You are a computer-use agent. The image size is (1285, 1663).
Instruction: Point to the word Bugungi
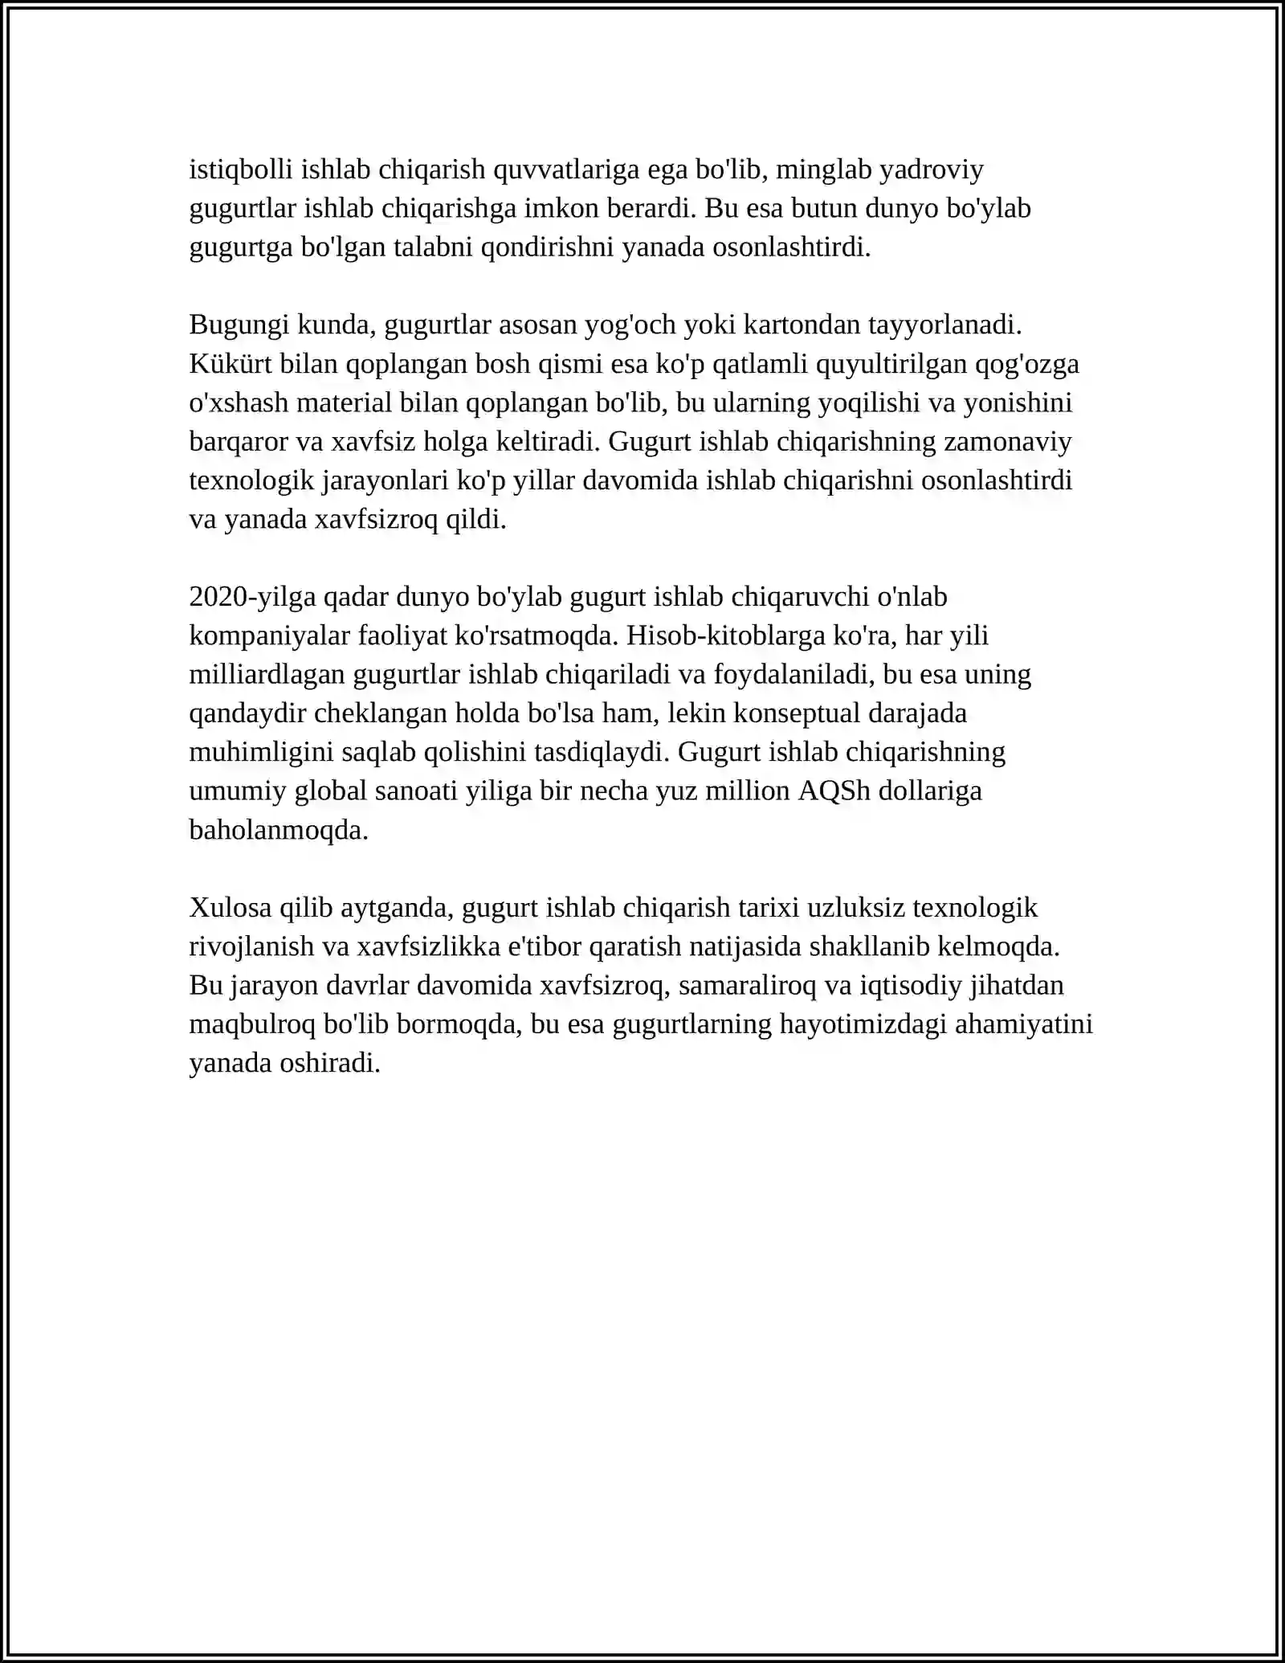coord(239,325)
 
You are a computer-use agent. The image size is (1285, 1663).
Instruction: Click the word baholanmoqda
coord(279,829)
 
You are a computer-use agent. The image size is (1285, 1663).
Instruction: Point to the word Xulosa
coord(230,907)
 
